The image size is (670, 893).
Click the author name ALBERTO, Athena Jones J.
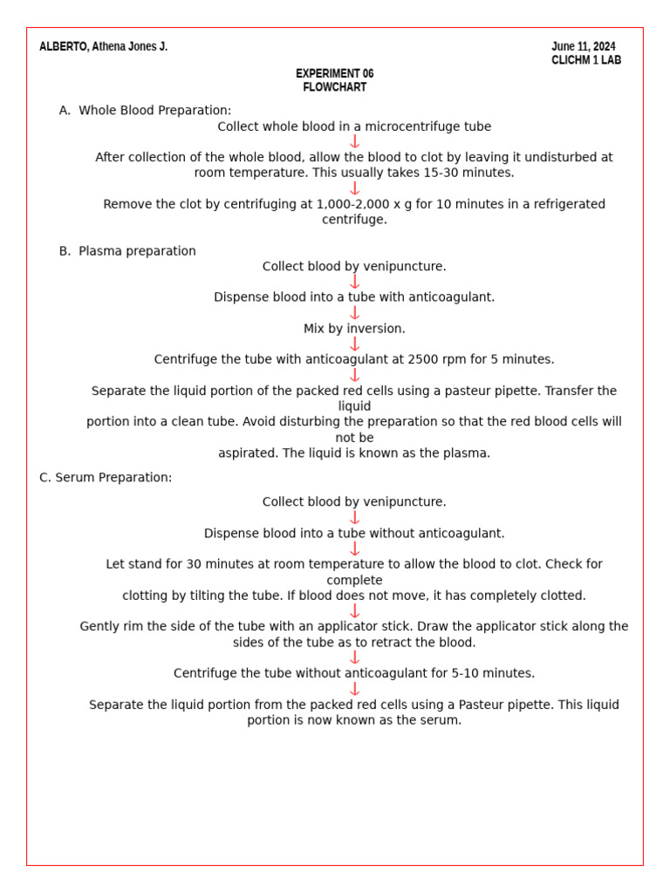point(103,47)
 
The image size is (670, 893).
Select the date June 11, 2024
point(583,47)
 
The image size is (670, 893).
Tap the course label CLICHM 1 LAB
point(586,61)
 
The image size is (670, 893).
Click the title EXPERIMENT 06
point(334,74)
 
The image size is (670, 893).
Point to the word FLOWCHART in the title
point(334,87)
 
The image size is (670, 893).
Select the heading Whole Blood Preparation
point(154,111)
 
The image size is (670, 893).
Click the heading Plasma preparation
point(137,251)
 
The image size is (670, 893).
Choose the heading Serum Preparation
point(113,478)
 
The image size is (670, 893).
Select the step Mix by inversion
point(354,329)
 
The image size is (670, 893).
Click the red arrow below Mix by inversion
point(354,344)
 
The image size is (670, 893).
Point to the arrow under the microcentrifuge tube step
point(354,141)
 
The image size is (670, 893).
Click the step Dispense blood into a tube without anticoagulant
point(354,534)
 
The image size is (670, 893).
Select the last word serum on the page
point(441,720)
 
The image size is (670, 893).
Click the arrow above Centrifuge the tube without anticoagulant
point(354,658)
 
